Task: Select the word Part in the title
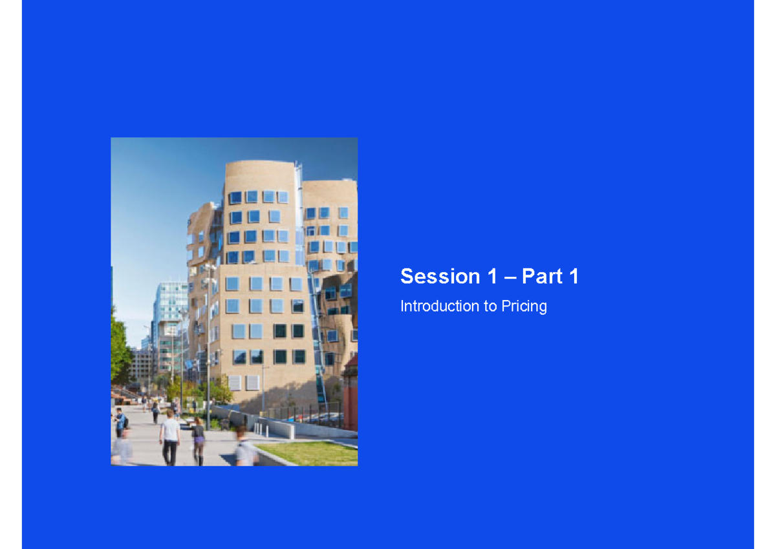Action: [x=543, y=277]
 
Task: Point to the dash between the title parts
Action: [x=510, y=277]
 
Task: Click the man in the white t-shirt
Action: [x=171, y=437]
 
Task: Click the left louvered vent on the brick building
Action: [x=235, y=383]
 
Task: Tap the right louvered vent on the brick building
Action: [x=252, y=383]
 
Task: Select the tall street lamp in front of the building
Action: [x=208, y=336]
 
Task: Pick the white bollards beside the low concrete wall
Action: [x=259, y=429]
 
